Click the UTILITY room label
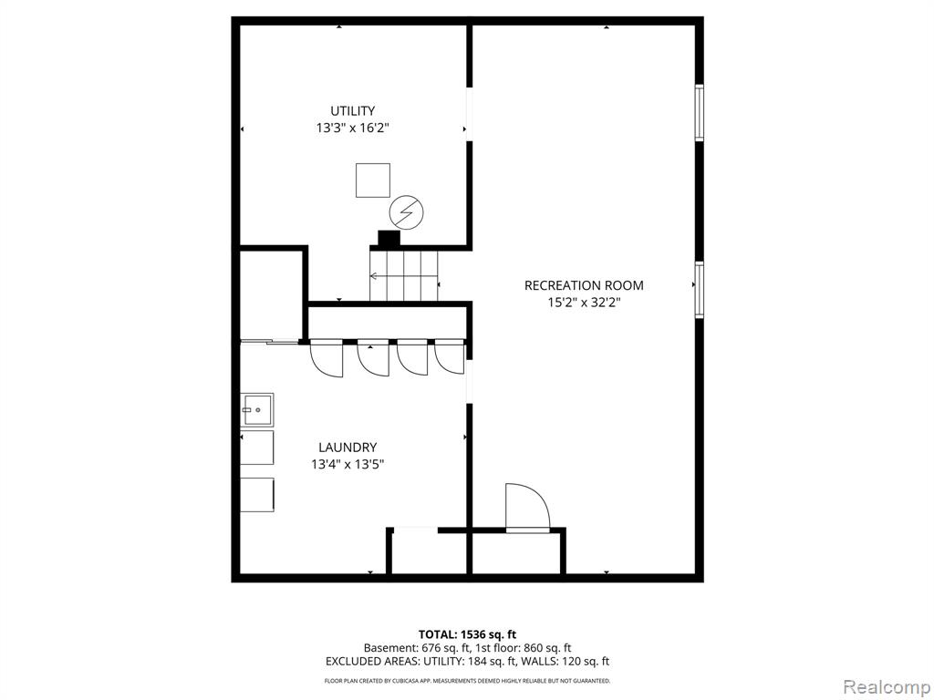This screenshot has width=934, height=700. coord(353,110)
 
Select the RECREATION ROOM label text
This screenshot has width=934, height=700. coord(584,285)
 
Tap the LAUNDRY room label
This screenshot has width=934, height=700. coord(348,447)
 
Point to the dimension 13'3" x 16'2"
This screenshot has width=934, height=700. coord(353,128)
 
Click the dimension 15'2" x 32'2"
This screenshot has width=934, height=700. coord(584,302)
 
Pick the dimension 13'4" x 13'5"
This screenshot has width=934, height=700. coord(348,464)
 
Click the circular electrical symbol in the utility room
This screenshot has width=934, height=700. coord(406,212)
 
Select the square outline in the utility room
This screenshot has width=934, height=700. coord(373,180)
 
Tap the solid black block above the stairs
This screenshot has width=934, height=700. coord(389,238)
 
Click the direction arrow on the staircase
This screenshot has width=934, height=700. coord(404,275)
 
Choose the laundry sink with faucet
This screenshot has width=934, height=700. coord(257,409)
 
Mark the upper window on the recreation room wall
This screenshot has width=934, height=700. coord(700,113)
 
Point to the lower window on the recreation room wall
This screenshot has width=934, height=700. coord(700,290)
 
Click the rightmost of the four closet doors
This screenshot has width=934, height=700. coord(450,356)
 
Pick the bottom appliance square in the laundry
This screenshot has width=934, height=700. coord(257,495)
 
